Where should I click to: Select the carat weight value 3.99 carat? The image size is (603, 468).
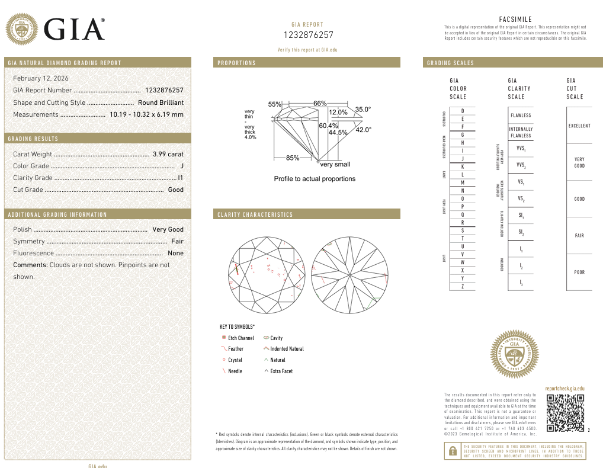tap(168, 154)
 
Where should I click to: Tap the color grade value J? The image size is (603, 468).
tap(182, 166)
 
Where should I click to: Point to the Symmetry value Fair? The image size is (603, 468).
tap(177, 241)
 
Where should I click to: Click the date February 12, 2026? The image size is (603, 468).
tap(41, 78)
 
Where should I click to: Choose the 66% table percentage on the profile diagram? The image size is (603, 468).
tap(320, 103)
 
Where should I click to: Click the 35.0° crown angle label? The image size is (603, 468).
tap(363, 109)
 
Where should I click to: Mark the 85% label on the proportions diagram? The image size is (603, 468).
tap(292, 158)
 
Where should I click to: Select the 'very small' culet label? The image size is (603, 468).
tap(335, 165)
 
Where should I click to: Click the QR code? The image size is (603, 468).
tap(565, 413)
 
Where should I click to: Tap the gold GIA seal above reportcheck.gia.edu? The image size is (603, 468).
tap(515, 354)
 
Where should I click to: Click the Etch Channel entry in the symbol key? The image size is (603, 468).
tap(240, 338)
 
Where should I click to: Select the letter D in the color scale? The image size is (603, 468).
tap(462, 111)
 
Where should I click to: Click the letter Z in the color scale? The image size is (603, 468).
tap(462, 287)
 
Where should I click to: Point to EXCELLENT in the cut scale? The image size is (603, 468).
tap(579, 126)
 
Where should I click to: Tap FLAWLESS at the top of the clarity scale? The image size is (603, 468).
tap(521, 116)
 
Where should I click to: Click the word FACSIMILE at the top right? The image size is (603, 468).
tap(515, 20)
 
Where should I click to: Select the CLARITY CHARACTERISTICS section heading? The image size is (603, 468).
tap(255, 214)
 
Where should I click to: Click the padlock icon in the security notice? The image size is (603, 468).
tap(453, 451)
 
